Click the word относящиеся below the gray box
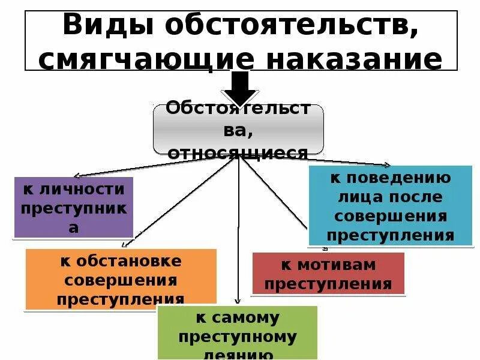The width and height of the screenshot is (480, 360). tap(238, 154)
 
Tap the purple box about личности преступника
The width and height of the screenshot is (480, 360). tap(73, 207)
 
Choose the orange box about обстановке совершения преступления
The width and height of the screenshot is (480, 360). tap(121, 279)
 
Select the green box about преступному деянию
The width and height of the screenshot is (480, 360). tap(237, 332)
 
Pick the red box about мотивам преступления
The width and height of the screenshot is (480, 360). tap(328, 273)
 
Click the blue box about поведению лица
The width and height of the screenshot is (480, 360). tap(391, 206)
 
